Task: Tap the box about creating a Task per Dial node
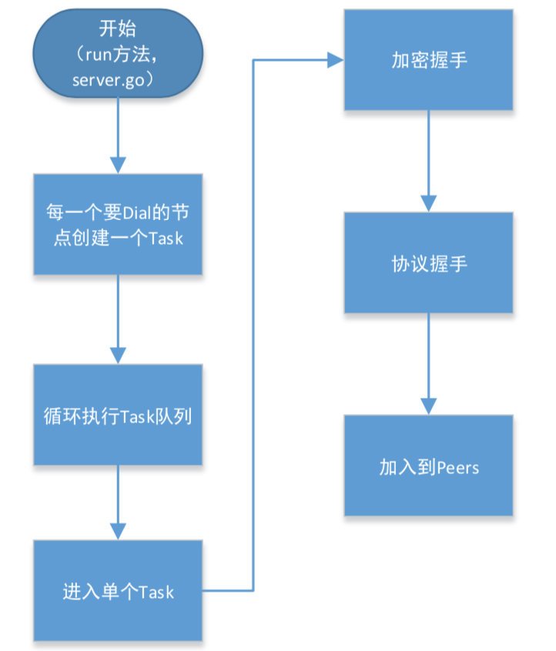click(118, 224)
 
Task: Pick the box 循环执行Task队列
click(118, 415)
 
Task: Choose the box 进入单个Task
click(118, 590)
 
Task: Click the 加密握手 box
click(428, 61)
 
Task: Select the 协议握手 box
click(428, 263)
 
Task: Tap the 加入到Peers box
click(428, 466)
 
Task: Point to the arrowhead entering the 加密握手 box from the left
click(335, 58)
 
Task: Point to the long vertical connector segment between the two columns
click(253, 323)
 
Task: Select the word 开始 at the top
click(119, 29)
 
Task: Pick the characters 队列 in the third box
click(186, 416)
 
